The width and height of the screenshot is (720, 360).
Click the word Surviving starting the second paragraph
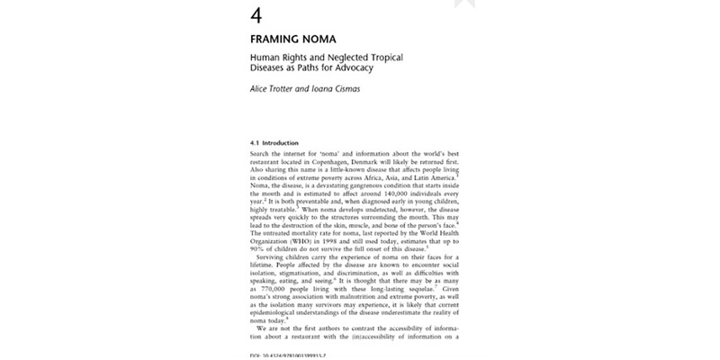click(273, 284)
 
